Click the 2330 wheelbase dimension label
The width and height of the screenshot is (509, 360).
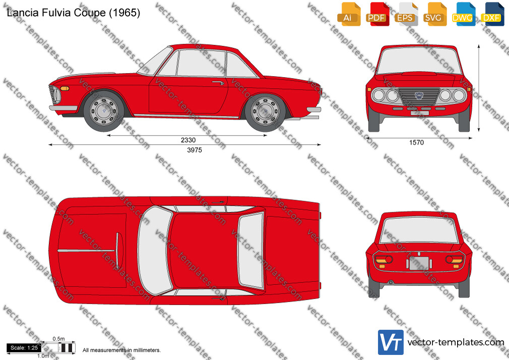pos(188,140)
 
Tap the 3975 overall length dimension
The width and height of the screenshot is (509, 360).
pos(195,150)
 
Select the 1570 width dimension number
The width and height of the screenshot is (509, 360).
pos(416,142)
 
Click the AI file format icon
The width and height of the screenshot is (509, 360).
pos(349,14)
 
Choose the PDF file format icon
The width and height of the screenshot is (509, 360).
pos(377,14)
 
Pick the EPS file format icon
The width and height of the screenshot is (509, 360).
pos(406,14)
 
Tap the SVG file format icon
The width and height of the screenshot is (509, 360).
pos(434,14)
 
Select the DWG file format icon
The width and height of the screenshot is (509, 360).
pos(463,14)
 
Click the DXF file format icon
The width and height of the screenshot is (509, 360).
pos(492,14)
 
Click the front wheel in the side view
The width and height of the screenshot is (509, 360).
pos(104,111)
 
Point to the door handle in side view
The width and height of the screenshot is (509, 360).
pos(218,83)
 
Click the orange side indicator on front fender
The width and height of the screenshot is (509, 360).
pos(65,88)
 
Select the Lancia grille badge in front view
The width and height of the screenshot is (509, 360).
pos(419,95)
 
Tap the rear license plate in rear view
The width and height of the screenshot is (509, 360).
pos(419,264)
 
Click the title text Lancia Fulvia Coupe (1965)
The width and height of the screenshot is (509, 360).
pos(74,13)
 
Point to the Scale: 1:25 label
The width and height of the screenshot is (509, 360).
pos(24,348)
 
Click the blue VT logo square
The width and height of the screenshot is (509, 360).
pos(391,342)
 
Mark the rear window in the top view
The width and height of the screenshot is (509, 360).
pos(250,251)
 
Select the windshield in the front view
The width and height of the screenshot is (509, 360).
pos(419,61)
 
